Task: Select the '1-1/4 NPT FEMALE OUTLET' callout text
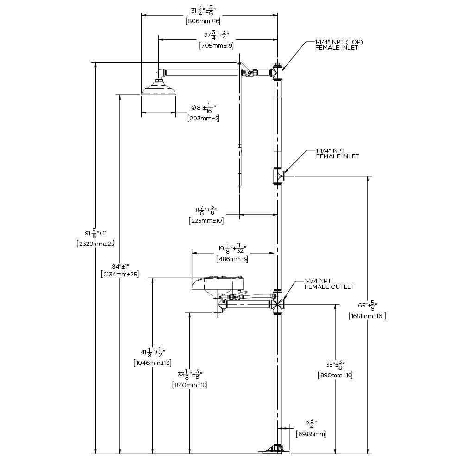[x=329, y=284]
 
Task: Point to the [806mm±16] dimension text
[x=203, y=21]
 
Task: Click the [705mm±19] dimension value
[x=216, y=45]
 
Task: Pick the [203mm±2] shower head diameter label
[x=203, y=118]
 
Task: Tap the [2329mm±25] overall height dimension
[x=95, y=244]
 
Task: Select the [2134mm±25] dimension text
[x=119, y=274]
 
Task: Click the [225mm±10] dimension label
[x=206, y=221]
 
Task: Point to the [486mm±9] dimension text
[x=232, y=259]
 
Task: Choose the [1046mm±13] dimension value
[x=152, y=363]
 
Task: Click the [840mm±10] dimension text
[x=189, y=385]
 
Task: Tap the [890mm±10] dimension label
[x=335, y=375]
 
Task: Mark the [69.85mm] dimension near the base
[x=311, y=434]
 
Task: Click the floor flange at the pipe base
[x=278, y=449]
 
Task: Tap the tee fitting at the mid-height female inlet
[x=278, y=176]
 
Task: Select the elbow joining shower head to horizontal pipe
[x=161, y=74]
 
